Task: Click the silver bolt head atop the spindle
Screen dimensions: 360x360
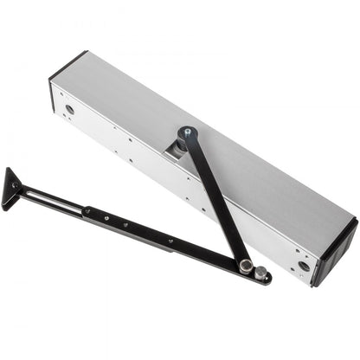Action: [x=185, y=132]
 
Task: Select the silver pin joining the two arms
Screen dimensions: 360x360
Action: [x=247, y=265]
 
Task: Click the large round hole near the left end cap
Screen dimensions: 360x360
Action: [x=70, y=110]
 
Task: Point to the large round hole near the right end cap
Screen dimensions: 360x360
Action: [x=303, y=267]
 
